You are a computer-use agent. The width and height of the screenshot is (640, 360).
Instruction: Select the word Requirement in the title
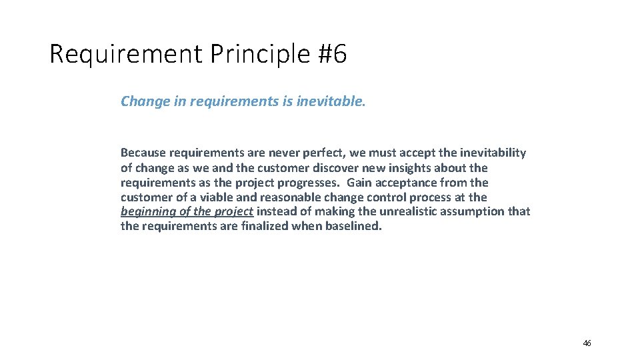pos(125,55)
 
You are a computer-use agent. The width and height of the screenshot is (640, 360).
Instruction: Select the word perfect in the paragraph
pos(319,153)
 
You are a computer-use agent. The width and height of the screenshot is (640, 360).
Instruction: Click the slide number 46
pos(587,343)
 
